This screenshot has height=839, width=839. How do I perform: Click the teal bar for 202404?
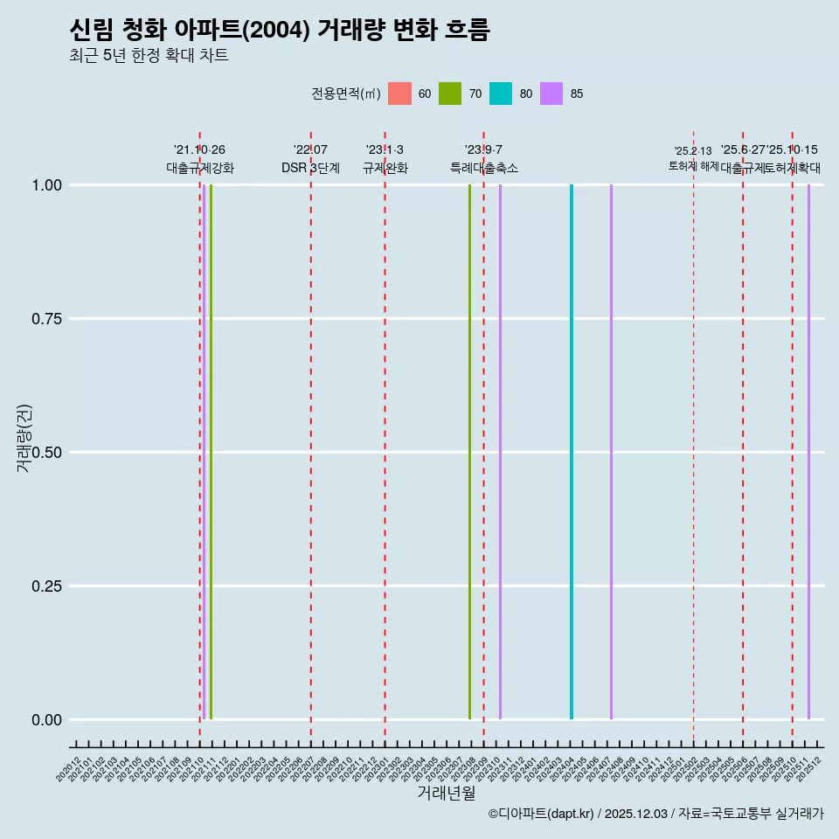click(572, 452)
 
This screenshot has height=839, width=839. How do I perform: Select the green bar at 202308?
click(469, 452)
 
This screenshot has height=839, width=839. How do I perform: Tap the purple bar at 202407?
click(611, 452)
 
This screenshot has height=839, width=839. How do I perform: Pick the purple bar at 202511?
click(808, 452)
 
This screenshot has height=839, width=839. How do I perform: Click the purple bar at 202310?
click(500, 452)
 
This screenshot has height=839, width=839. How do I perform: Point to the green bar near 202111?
click(211, 452)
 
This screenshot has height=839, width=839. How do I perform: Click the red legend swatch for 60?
click(399, 94)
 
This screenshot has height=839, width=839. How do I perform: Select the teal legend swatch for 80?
click(501, 94)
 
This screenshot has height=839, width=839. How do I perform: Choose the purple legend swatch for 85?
click(551, 94)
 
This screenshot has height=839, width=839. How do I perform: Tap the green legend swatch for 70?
click(450, 94)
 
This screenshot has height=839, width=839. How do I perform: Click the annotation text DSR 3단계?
click(310, 168)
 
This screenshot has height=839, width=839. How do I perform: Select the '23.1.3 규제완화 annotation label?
click(385, 159)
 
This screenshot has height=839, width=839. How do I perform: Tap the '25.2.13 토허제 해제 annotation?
click(693, 158)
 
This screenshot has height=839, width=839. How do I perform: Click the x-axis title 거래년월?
click(446, 793)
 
